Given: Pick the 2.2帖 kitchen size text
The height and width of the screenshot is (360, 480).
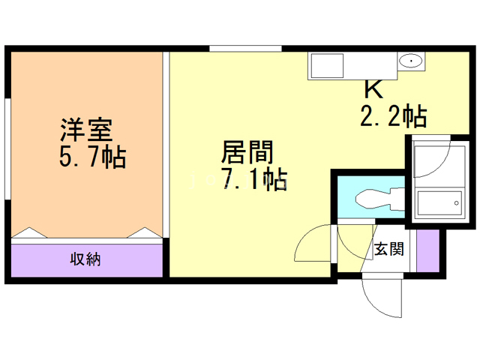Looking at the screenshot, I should coord(392,115).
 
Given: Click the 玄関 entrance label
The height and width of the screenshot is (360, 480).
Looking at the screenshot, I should coord(388,249).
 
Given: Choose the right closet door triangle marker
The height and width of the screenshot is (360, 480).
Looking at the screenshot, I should coord(145,233).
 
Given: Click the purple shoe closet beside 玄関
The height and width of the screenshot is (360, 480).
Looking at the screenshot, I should coord(427,250).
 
